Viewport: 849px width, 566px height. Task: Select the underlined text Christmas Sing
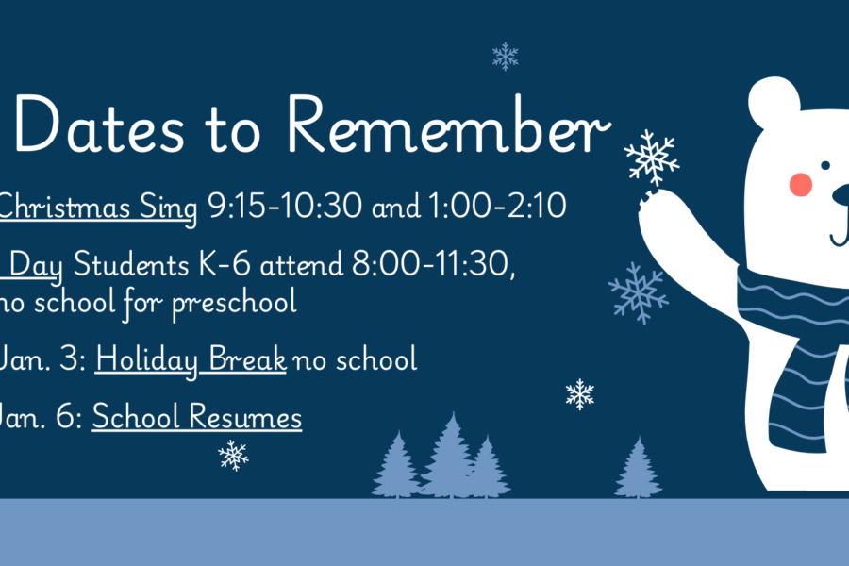[x=97, y=208]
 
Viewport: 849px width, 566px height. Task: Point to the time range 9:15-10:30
[x=285, y=206]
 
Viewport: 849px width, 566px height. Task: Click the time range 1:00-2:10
[x=497, y=206]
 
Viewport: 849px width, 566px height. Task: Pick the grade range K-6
[x=225, y=264]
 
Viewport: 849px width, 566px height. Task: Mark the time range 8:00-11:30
[x=431, y=264]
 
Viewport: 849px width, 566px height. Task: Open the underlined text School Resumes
[x=196, y=417]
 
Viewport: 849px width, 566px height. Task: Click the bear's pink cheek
[x=800, y=184]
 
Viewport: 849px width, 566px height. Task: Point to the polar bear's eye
[x=825, y=165]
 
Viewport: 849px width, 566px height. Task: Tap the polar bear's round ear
[x=774, y=102]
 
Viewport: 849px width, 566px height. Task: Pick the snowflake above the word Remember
[x=506, y=57]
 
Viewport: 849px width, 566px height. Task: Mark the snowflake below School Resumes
[x=233, y=455]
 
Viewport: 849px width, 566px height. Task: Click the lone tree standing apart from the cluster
[x=639, y=468]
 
